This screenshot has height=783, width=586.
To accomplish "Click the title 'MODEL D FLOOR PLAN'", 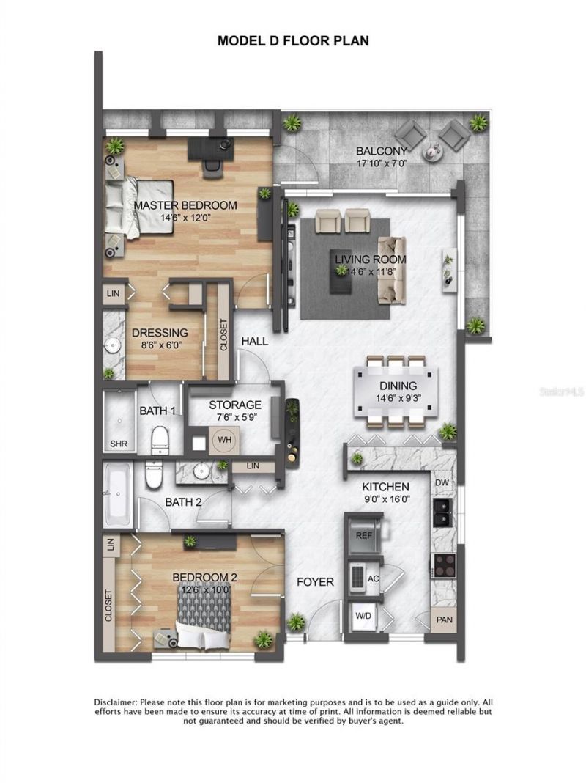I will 293,41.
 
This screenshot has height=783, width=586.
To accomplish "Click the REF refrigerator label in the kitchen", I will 364,536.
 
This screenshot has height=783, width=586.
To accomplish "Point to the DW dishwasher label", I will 442,483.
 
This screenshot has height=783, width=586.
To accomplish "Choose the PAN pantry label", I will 442,620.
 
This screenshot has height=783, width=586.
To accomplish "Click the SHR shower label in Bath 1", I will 118,444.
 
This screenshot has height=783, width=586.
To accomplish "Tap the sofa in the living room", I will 391,271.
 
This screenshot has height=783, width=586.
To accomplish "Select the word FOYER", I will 315,582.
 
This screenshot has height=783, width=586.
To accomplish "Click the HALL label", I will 254,341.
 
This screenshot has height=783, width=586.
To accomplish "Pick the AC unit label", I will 373,578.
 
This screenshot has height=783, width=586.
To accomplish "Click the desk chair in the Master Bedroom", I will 212,167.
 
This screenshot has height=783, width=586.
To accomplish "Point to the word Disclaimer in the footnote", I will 116,702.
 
